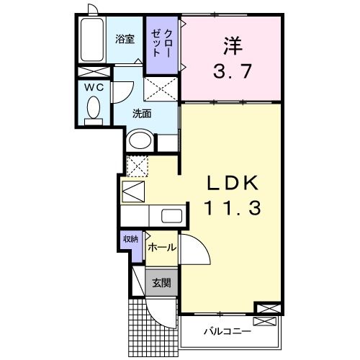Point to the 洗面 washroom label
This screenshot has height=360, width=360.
click(141, 113)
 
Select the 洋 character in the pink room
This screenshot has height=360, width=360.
click(230, 45)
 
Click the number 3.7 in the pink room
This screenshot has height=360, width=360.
click(230, 73)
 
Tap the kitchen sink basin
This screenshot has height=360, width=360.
click(171, 215)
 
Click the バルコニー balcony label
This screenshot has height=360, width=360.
click(225, 332)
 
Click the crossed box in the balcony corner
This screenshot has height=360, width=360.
click(265, 310)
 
